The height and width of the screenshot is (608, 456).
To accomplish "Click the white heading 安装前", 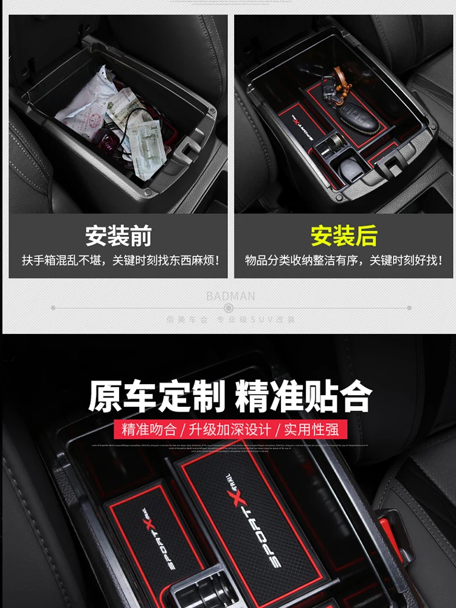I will point(118,236).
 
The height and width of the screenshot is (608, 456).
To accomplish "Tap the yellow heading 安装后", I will point(344,236).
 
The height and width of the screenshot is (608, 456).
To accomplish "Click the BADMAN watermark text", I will point(230,297).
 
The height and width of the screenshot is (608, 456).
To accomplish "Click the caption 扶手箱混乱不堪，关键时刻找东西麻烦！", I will point(118,261).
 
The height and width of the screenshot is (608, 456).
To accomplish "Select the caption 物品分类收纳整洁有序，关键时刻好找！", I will point(344,261).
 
